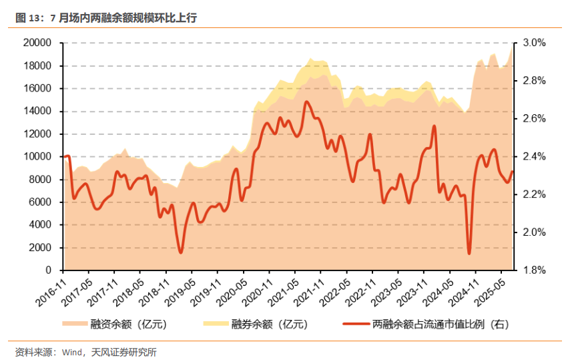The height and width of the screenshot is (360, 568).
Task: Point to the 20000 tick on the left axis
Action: [x=38, y=43]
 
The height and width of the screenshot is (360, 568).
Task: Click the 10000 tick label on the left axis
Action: [x=38, y=156]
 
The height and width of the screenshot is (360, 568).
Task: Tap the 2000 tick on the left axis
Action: [x=41, y=247]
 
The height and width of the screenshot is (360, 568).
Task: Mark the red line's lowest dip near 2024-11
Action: [x=469, y=253]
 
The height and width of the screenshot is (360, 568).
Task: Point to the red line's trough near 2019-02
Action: [x=180, y=252]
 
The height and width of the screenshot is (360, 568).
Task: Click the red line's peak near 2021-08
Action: [x=306, y=102]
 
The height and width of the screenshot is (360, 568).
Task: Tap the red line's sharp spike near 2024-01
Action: [x=434, y=126]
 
